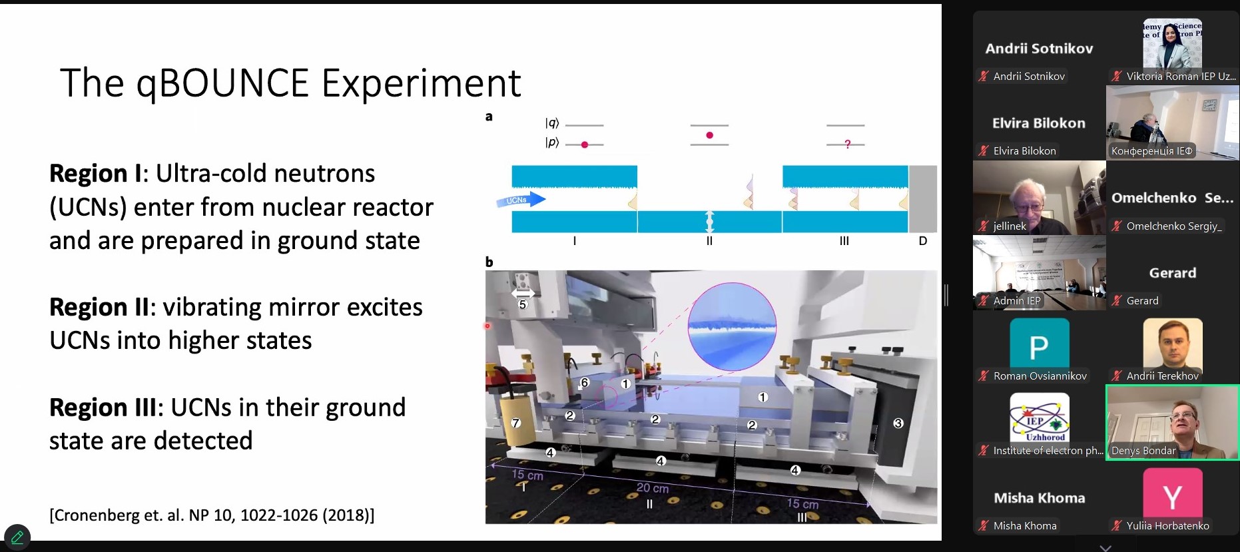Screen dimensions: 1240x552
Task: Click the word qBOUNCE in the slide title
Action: click(223, 84)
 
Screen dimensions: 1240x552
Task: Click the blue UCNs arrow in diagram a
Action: click(521, 199)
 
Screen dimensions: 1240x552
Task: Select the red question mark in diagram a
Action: click(847, 144)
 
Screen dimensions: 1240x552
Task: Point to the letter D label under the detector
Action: click(923, 240)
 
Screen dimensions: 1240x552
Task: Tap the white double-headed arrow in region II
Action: click(709, 221)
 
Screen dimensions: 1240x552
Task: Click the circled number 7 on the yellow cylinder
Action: click(515, 423)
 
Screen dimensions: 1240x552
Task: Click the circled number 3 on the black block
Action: click(898, 423)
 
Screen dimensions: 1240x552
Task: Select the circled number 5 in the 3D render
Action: click(523, 304)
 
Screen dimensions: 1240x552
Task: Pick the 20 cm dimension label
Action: click(653, 488)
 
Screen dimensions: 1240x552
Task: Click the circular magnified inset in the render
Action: click(732, 326)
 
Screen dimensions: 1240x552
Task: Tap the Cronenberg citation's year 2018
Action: click(351, 515)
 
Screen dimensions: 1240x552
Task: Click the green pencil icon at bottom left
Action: click(17, 537)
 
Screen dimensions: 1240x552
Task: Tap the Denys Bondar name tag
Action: click(1143, 451)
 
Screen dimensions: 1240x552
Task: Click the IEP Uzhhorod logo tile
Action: click(1040, 417)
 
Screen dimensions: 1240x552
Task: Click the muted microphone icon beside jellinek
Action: click(983, 226)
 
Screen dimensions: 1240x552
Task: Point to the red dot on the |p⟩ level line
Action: click(585, 144)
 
